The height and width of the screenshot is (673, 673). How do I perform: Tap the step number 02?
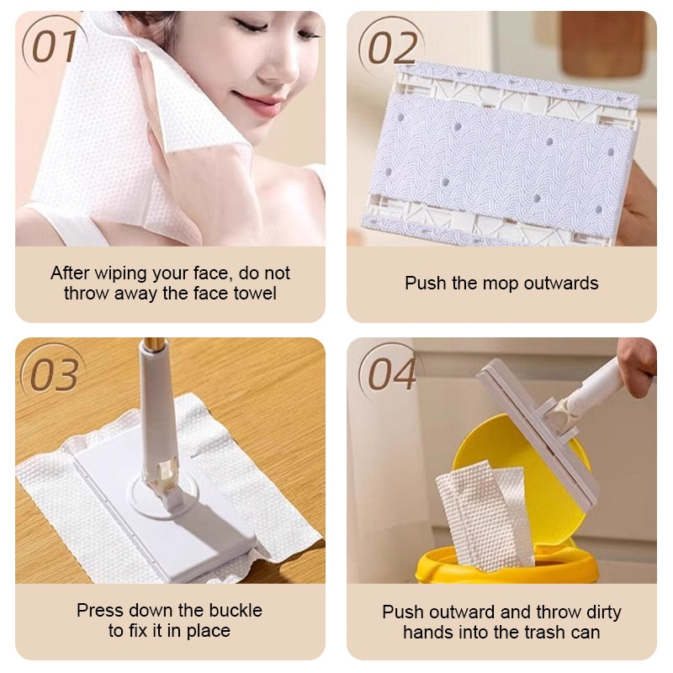click(x=392, y=47)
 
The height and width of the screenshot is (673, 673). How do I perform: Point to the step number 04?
click(x=392, y=374)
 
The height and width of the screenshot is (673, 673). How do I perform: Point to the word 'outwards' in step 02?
click(x=561, y=284)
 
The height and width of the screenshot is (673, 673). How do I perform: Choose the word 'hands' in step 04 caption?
click(x=429, y=633)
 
